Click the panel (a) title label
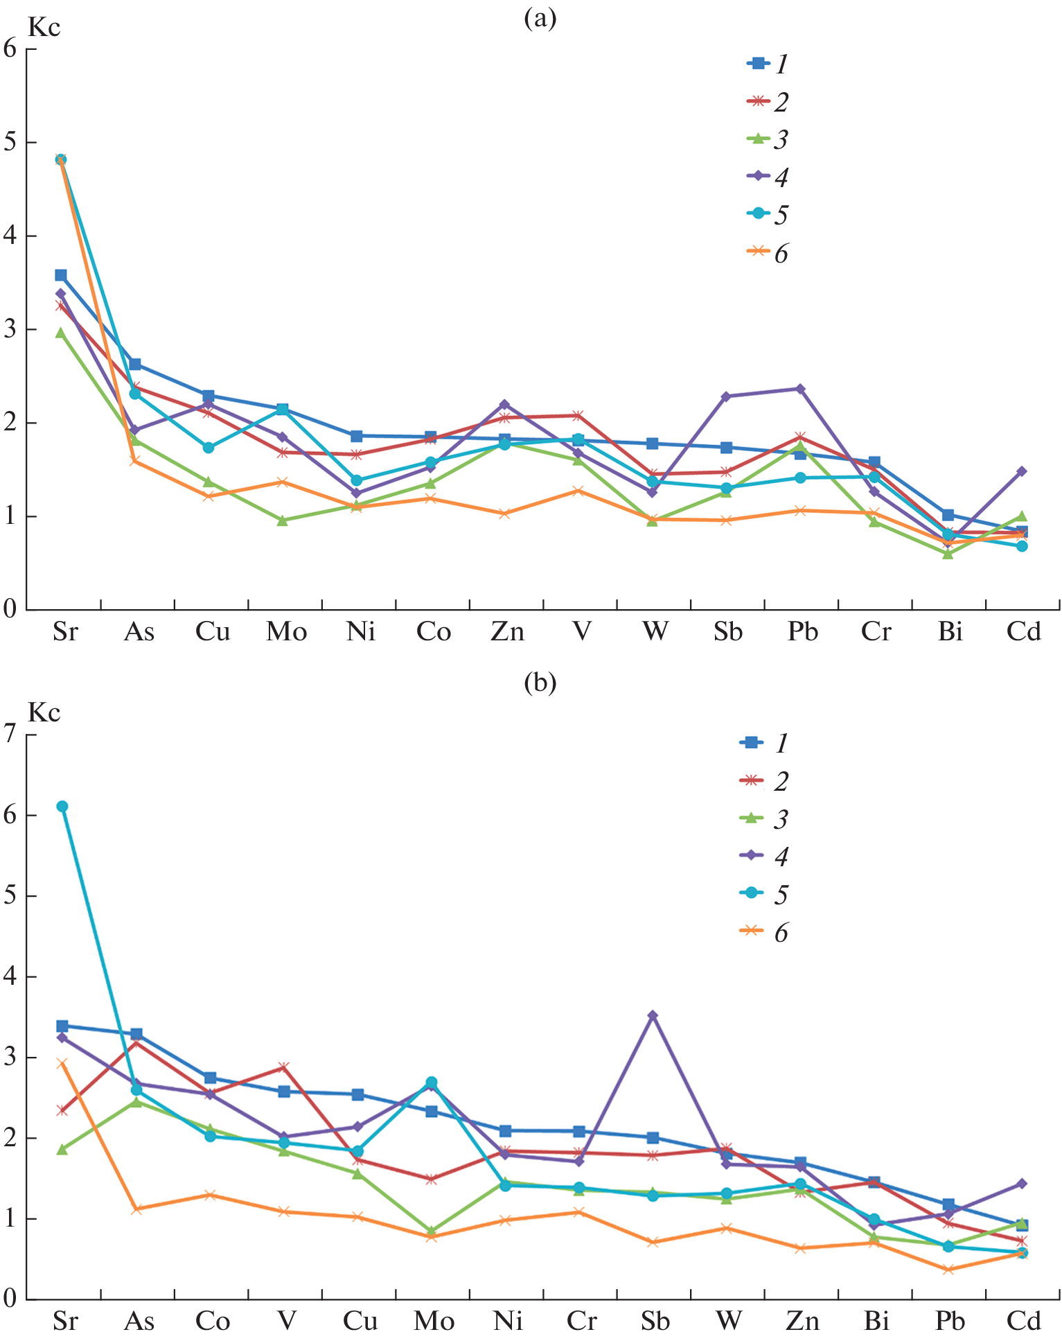(540, 19)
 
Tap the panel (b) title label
(540, 683)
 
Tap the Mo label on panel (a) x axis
(286, 632)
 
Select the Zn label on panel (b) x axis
(802, 1322)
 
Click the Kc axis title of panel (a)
(44, 28)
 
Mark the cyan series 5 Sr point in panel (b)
(62, 806)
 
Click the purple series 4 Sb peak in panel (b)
(653, 1015)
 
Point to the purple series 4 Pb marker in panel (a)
(800, 389)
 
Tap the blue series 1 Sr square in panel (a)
(61, 275)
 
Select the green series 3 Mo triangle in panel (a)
(283, 520)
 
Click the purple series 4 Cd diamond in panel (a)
(1021, 471)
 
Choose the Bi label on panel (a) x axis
(950, 632)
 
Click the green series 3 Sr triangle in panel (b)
(62, 1149)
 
